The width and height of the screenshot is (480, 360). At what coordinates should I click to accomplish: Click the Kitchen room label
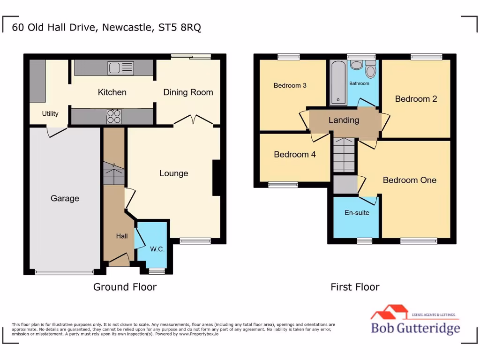point(112,92)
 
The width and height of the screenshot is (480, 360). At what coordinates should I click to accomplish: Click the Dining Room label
point(188,92)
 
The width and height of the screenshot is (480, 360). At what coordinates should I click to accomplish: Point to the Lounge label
point(173,173)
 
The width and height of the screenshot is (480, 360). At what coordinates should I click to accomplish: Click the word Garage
point(65,198)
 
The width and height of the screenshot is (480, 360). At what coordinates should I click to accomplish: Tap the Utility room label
point(50,113)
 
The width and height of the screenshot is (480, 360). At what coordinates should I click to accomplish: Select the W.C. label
point(157,249)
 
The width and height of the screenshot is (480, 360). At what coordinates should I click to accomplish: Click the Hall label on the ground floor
point(122,236)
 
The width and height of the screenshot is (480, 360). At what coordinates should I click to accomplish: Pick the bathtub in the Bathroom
point(337,82)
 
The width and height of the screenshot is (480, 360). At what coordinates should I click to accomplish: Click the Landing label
point(344,120)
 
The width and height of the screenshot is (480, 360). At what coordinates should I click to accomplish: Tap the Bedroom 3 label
point(290,85)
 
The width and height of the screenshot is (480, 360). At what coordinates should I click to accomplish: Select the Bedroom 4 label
point(295,154)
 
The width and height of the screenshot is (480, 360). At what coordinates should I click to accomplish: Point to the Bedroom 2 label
point(416,99)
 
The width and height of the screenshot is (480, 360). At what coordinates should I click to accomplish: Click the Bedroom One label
point(409,180)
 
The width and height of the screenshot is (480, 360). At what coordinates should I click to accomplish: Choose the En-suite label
point(357,212)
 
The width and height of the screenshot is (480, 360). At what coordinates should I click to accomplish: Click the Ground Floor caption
point(125,287)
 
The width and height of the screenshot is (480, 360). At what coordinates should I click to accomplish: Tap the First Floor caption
point(355,287)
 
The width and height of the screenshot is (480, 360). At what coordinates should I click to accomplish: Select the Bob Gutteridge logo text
point(415,328)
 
